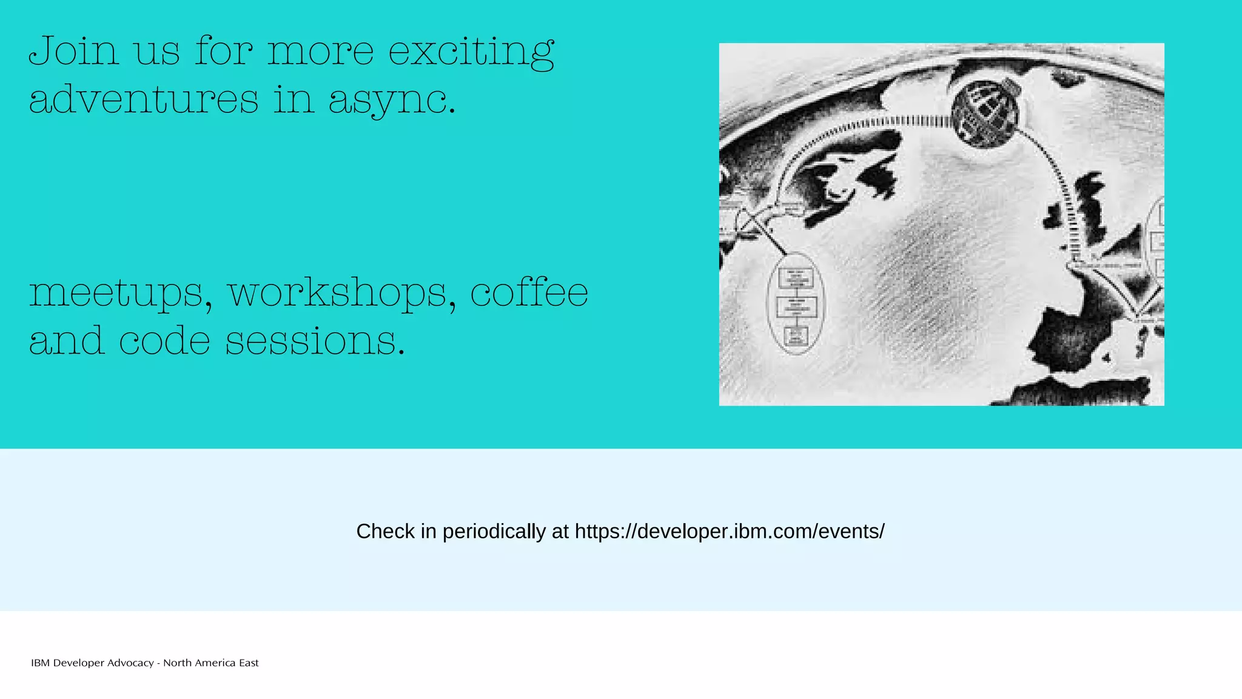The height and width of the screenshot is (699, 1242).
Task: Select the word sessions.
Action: pyautogui.click(x=315, y=340)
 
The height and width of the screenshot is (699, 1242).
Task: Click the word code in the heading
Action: pyautogui.click(x=164, y=340)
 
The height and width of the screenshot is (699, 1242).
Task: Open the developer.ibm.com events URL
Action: pyautogui.click(x=730, y=532)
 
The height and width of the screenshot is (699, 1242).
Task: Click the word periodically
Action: pyautogui.click(x=494, y=532)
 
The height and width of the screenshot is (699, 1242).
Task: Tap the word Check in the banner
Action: pyautogui.click(x=385, y=532)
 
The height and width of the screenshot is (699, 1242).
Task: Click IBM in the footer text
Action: pyautogui.click(x=40, y=663)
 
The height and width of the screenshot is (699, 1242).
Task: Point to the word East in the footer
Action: pyautogui.click(x=249, y=663)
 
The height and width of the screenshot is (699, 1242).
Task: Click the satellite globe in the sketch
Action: pyautogui.click(x=985, y=114)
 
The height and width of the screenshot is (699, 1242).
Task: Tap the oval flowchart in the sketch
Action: pyautogui.click(x=796, y=303)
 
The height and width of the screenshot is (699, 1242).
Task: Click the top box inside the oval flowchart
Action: pyautogui.click(x=796, y=279)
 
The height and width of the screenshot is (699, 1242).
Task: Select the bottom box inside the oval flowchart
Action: pyautogui.click(x=796, y=336)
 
